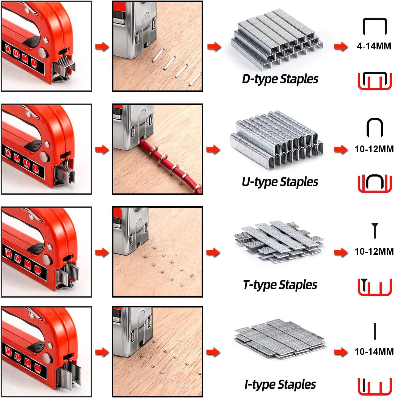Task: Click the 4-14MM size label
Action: [374, 46]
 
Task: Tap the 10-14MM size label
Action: [374, 352]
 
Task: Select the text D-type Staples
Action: [280, 79]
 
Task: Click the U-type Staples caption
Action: [280, 182]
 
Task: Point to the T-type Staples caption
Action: [280, 285]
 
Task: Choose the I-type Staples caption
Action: [280, 385]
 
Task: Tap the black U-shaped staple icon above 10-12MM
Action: [374, 127]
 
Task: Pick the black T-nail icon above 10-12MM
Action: [374, 231]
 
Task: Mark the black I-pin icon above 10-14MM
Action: [375, 332]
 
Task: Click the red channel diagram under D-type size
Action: [374, 81]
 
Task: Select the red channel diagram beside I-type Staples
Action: [374, 386]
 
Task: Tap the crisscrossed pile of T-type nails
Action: [278, 242]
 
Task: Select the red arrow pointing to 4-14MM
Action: [341, 46]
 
